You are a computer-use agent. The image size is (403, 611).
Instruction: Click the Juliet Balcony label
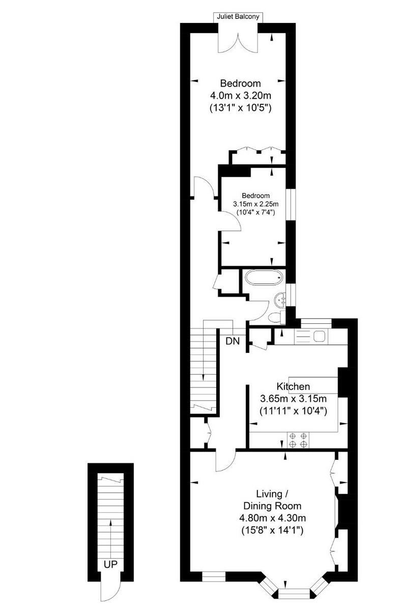(x=238, y=17)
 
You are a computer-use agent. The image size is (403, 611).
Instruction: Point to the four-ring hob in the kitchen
(x=298, y=439)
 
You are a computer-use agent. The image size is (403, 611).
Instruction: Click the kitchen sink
(x=320, y=336)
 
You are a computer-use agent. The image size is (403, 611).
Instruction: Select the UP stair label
(x=110, y=564)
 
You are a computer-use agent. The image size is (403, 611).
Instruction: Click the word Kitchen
(x=293, y=386)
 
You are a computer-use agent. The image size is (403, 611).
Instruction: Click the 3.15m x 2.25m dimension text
(x=256, y=204)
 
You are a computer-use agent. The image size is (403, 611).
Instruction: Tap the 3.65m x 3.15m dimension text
(x=293, y=398)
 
